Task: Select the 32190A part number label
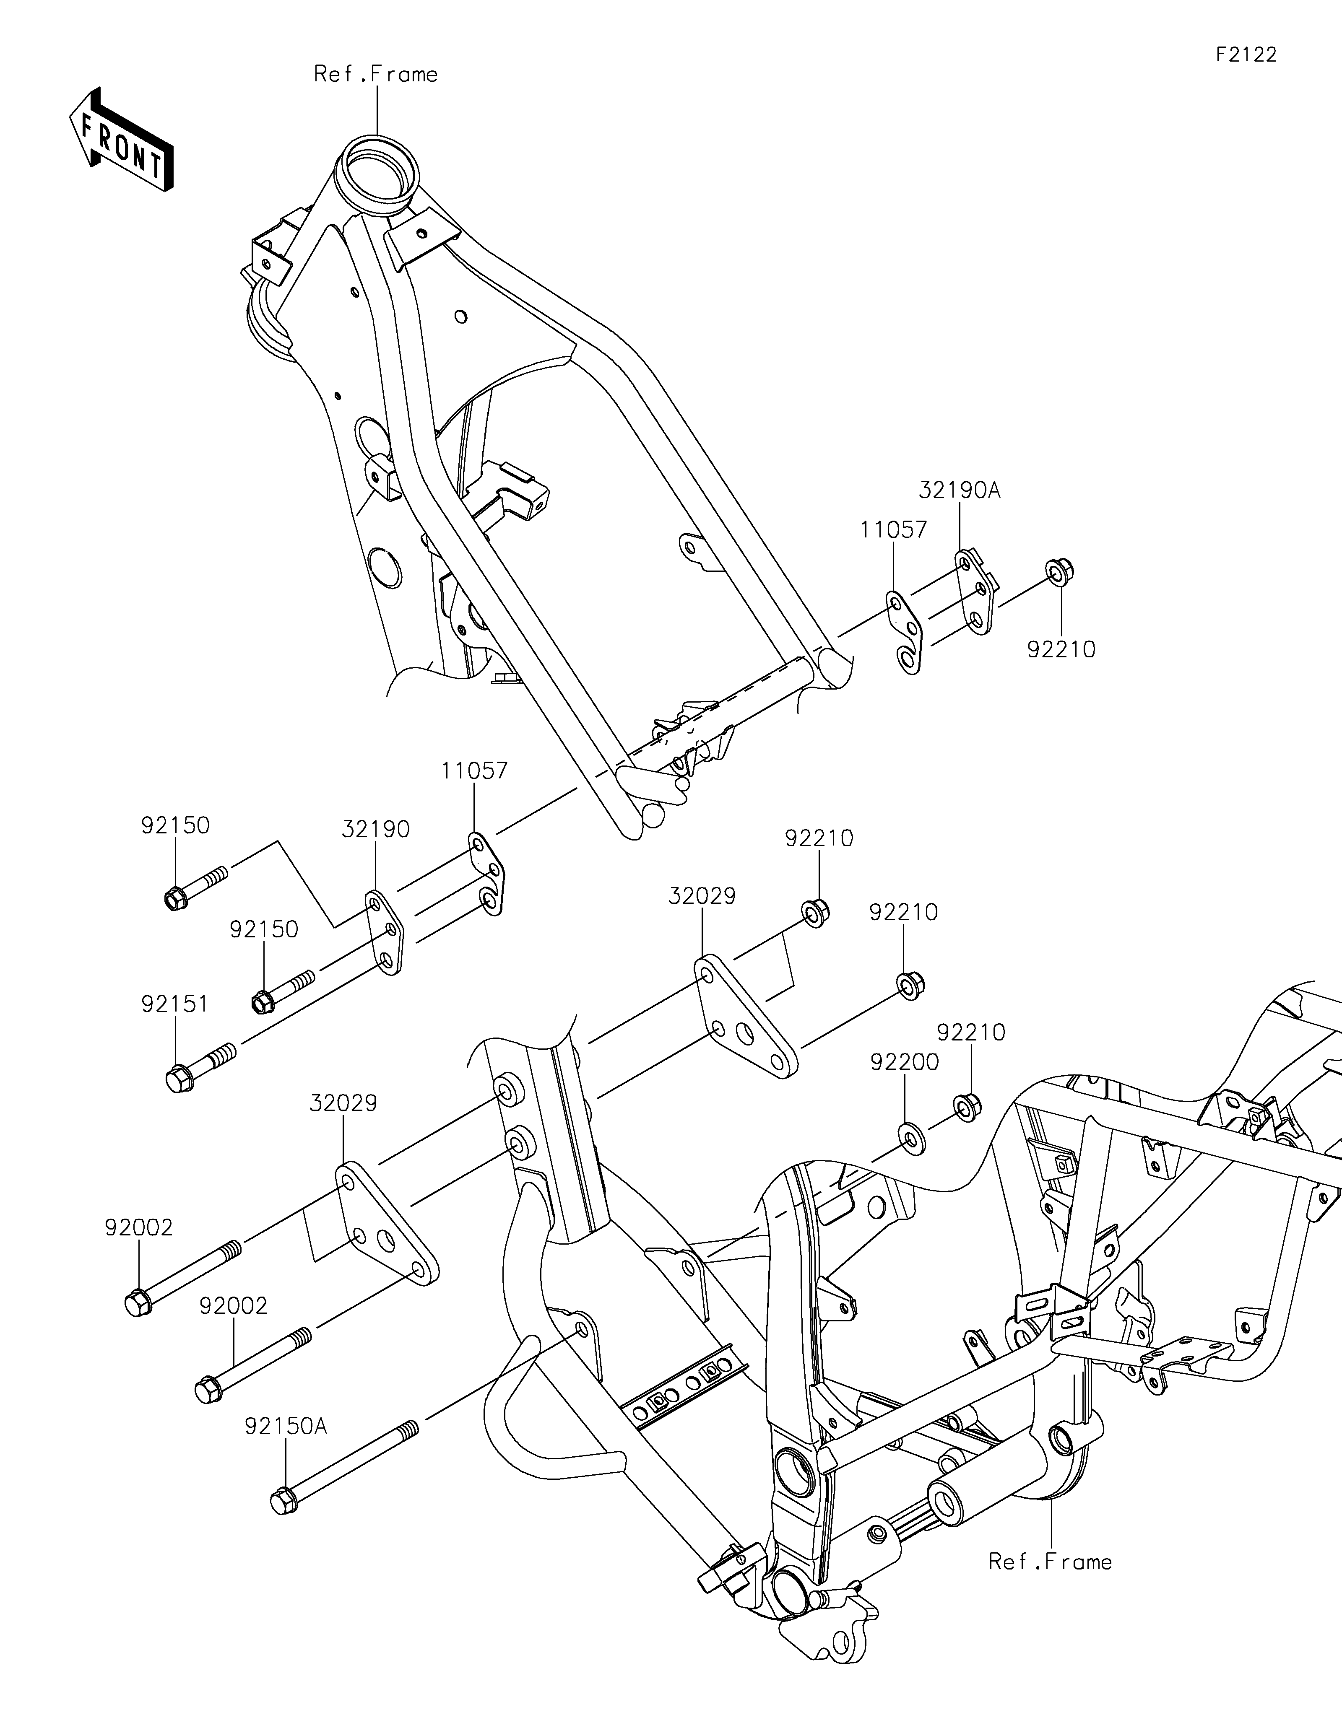pos(960,490)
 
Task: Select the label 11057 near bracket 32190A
pos(895,530)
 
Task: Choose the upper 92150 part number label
pos(175,825)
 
